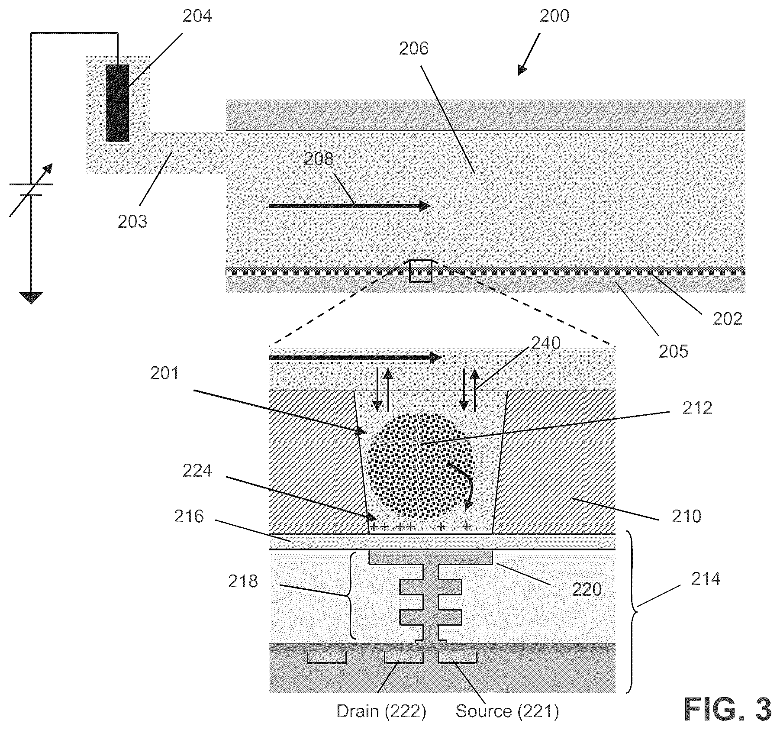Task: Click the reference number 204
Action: click(197, 16)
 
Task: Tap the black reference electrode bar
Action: click(117, 103)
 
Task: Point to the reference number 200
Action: click(554, 16)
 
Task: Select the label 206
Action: click(413, 48)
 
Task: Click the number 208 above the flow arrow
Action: click(318, 159)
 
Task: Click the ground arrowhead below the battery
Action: click(31, 298)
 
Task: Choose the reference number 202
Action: click(728, 319)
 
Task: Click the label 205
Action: click(674, 352)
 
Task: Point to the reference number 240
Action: click(546, 343)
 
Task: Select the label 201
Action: click(165, 373)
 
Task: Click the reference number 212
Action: click(697, 408)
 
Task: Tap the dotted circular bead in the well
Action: click(421, 466)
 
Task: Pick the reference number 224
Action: click(197, 471)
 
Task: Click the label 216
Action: click(189, 516)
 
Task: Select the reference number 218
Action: click(243, 581)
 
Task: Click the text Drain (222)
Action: click(381, 711)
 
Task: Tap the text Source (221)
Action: click(507, 711)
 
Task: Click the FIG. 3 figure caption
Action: click(728, 709)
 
